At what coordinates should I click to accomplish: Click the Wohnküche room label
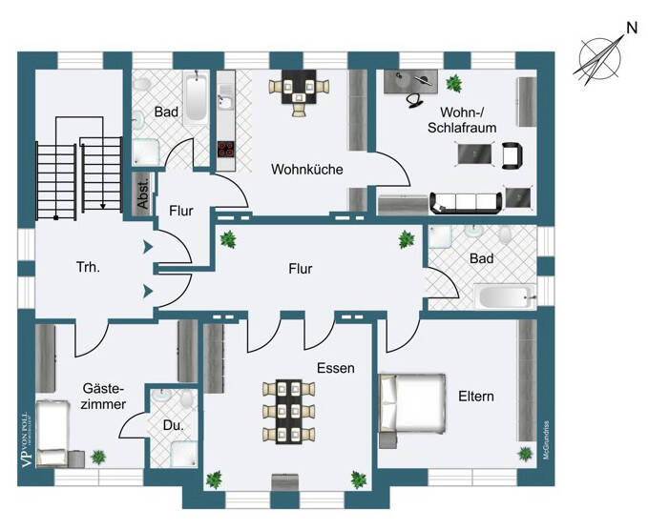(x=306, y=170)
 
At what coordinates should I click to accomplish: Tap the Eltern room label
(x=475, y=396)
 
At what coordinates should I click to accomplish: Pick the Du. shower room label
(x=172, y=425)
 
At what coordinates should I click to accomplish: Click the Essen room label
(x=336, y=367)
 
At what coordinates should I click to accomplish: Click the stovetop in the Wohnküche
(x=227, y=149)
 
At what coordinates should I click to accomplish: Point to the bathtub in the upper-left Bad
(x=195, y=101)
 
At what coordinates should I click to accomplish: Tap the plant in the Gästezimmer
(x=98, y=458)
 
